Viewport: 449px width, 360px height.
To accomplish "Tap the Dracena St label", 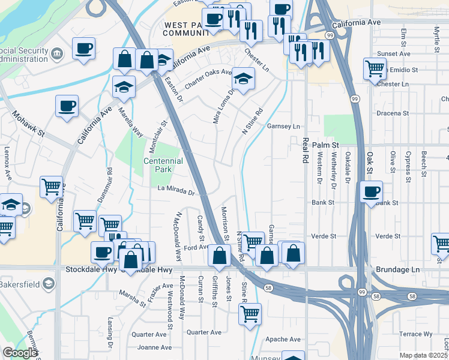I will click(x=392, y=112).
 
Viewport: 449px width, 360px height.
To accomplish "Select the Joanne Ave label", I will click(x=151, y=347).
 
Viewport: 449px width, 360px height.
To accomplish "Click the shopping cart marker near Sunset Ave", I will click(x=375, y=68).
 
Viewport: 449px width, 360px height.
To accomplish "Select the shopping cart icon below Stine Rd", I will click(x=250, y=313).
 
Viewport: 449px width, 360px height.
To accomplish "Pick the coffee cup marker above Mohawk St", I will click(x=67, y=106).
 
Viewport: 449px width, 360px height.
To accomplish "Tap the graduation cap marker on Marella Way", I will click(x=124, y=86).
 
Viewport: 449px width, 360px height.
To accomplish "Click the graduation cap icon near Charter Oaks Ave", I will click(x=243, y=79).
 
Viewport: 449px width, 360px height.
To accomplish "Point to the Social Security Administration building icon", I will click(x=57, y=54).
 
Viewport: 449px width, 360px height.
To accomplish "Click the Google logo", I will click(x=20, y=353).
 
